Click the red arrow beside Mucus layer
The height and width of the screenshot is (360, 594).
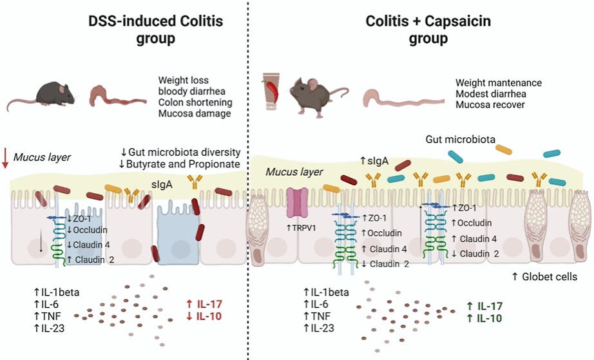(x=6, y=156)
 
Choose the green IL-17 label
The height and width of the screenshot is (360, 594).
(x=484, y=307)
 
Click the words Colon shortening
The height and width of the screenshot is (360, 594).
(x=195, y=102)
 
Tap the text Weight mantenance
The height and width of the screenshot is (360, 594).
(x=498, y=82)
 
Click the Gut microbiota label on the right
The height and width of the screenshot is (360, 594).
(x=455, y=139)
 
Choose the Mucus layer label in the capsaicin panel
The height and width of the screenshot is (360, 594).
(x=286, y=173)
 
